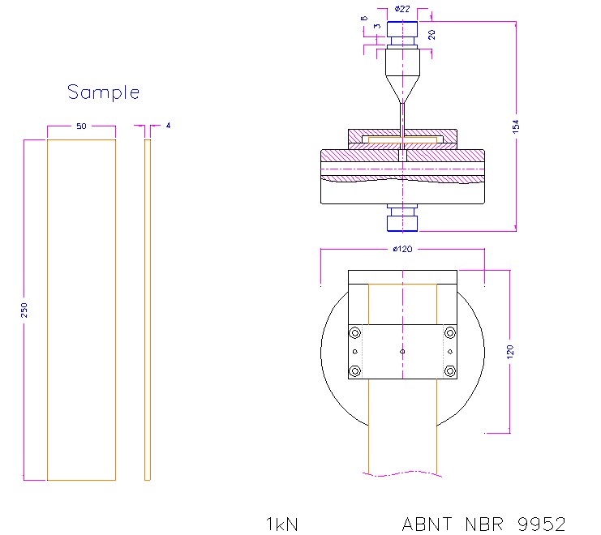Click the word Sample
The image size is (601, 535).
(103, 92)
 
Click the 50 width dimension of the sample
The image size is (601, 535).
(81, 126)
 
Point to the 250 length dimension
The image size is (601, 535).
(25, 310)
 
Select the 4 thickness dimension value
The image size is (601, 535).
(168, 126)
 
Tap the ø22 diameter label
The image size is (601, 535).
(402, 9)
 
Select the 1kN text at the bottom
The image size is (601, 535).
(282, 524)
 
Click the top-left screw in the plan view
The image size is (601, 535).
(354, 332)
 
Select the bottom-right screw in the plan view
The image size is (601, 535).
(450, 370)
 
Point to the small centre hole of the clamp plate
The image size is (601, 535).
(402, 352)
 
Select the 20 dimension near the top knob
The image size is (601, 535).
(432, 34)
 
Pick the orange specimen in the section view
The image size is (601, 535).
(402, 140)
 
